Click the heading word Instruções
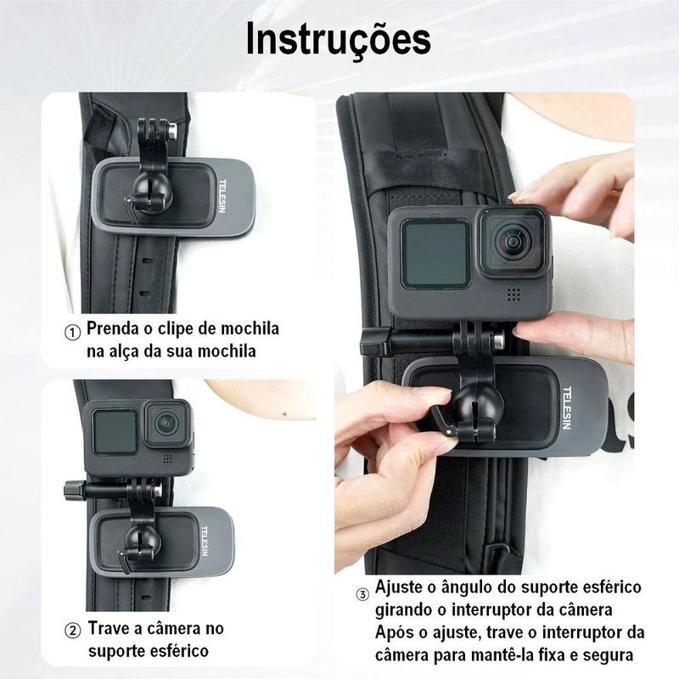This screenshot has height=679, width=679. (338, 40)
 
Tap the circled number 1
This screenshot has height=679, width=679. (72, 333)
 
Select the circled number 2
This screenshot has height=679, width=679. (72, 631)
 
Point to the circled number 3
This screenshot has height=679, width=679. (362, 595)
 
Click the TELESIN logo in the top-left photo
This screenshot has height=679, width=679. (222, 196)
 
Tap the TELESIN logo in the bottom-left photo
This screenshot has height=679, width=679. (205, 542)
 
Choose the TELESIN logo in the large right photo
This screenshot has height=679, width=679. (566, 408)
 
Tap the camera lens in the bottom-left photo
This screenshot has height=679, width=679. (166, 423)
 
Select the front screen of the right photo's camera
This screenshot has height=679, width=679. (435, 253)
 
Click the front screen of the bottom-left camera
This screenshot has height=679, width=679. (115, 431)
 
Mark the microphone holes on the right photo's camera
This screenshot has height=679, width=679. (513, 295)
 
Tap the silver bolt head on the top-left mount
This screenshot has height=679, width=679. (172, 131)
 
